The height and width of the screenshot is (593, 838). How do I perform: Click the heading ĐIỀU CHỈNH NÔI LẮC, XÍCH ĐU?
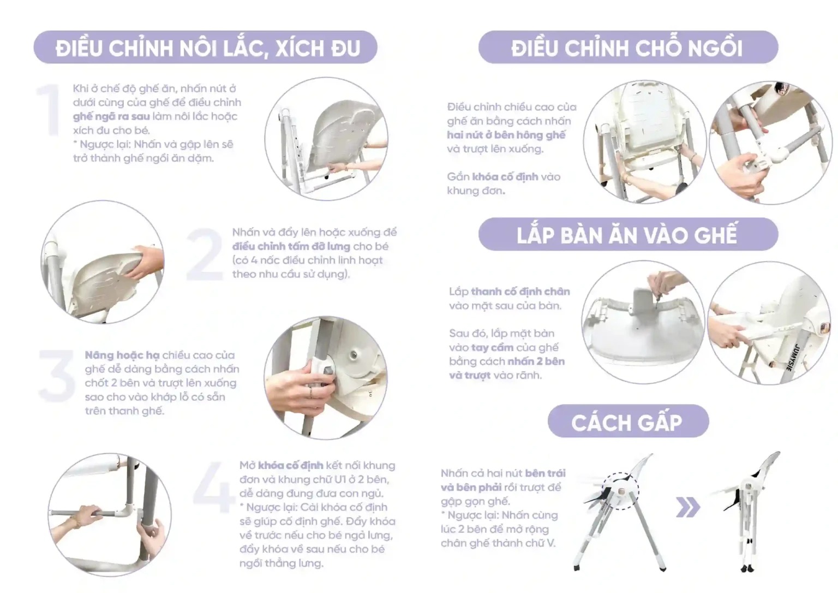click(x=208, y=48)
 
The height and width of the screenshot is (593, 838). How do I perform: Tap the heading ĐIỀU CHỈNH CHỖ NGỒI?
click(x=627, y=48)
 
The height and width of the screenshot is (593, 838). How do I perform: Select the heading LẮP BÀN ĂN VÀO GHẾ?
click(x=627, y=235)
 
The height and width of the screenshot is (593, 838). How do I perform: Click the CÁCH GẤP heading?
click(x=627, y=422)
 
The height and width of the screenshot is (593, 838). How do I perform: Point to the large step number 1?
click(x=49, y=110)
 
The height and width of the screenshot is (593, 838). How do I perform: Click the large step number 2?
click(x=205, y=254)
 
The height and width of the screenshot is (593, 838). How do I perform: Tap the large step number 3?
click(x=57, y=376)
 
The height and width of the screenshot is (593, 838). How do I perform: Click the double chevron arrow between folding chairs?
click(x=688, y=508)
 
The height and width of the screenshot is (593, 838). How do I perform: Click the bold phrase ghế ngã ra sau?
click(x=111, y=116)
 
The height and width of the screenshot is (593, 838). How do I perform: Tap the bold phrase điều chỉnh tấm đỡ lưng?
click(x=291, y=246)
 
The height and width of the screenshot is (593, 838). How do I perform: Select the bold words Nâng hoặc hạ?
click(x=122, y=355)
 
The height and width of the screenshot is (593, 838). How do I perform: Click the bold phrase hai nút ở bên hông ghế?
click(x=506, y=135)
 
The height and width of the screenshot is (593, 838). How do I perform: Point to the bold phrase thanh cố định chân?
click(x=520, y=291)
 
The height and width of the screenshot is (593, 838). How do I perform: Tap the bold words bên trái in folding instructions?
click(x=545, y=473)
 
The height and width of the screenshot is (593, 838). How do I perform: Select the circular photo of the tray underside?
click(x=643, y=322)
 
